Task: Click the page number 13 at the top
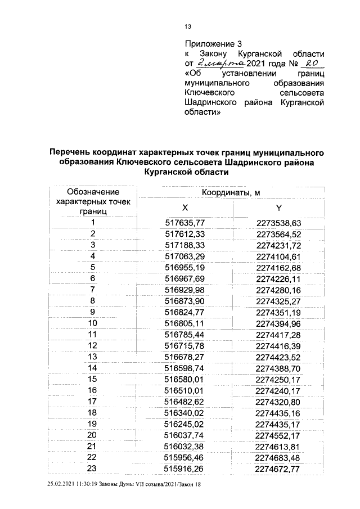pyautogui.click(x=188, y=26)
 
